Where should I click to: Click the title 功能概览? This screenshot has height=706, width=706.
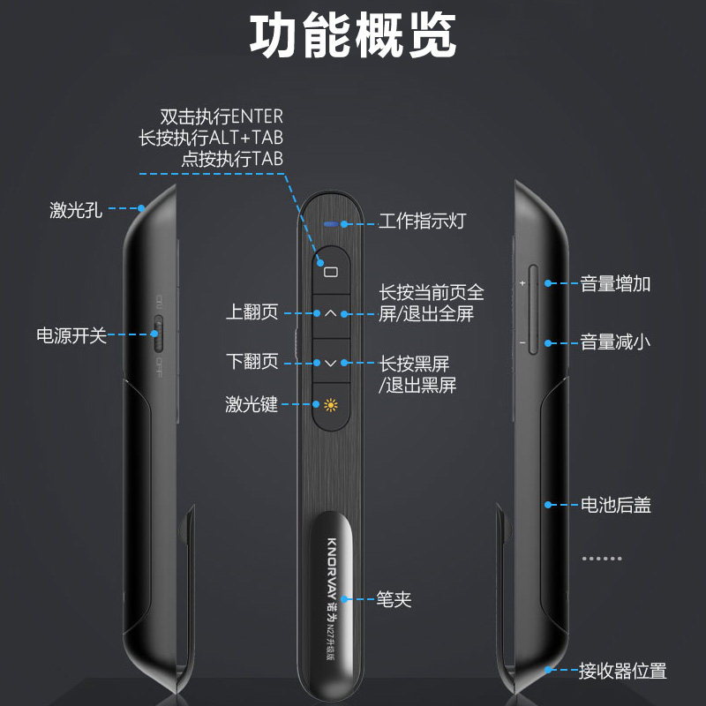click(353, 38)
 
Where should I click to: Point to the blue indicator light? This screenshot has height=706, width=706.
click(331, 224)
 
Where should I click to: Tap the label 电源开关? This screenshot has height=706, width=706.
click(71, 335)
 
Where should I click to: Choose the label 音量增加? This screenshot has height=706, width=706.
click(615, 284)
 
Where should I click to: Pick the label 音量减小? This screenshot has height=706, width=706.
click(615, 342)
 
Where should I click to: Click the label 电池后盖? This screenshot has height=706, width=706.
click(615, 506)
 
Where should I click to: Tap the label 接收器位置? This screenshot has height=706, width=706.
click(622, 672)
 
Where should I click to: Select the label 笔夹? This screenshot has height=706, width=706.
click(394, 600)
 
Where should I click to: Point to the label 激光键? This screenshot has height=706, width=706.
click(252, 405)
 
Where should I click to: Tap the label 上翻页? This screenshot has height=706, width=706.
click(252, 312)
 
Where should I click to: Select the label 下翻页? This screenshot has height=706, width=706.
click(252, 362)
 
